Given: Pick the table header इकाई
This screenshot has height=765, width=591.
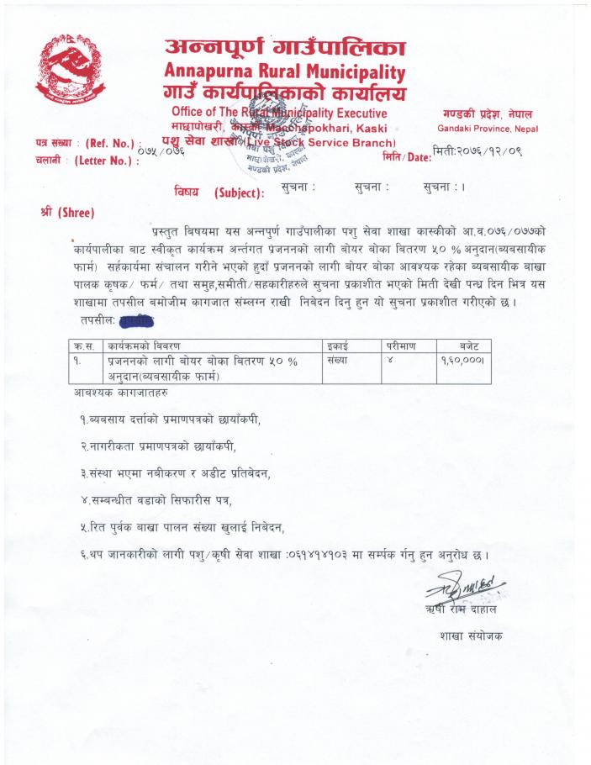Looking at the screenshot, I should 340,346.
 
